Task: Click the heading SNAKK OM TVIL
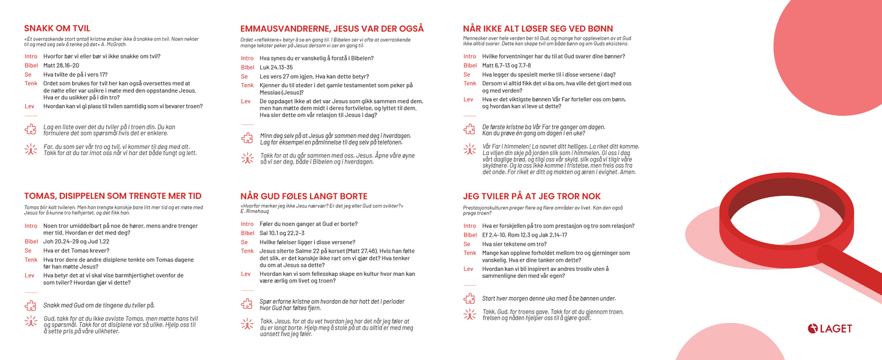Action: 57,29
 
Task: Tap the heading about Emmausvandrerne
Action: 331,29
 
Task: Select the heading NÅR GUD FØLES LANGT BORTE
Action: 303,196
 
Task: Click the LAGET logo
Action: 830,329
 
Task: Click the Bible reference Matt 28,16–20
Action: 61,65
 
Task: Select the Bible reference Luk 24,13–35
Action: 276,67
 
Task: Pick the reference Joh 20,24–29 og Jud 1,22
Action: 76,242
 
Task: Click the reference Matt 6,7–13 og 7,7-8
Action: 506,65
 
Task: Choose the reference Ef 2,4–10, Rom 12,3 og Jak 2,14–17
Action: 524,235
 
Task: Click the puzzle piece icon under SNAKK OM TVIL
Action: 30,129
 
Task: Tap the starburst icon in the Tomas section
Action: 30,322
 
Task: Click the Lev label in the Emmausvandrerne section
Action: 245,101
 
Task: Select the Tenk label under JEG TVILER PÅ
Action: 469,253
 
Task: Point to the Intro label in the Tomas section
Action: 31,226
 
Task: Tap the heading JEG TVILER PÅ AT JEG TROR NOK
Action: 532,196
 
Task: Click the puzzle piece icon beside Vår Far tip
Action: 469,129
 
